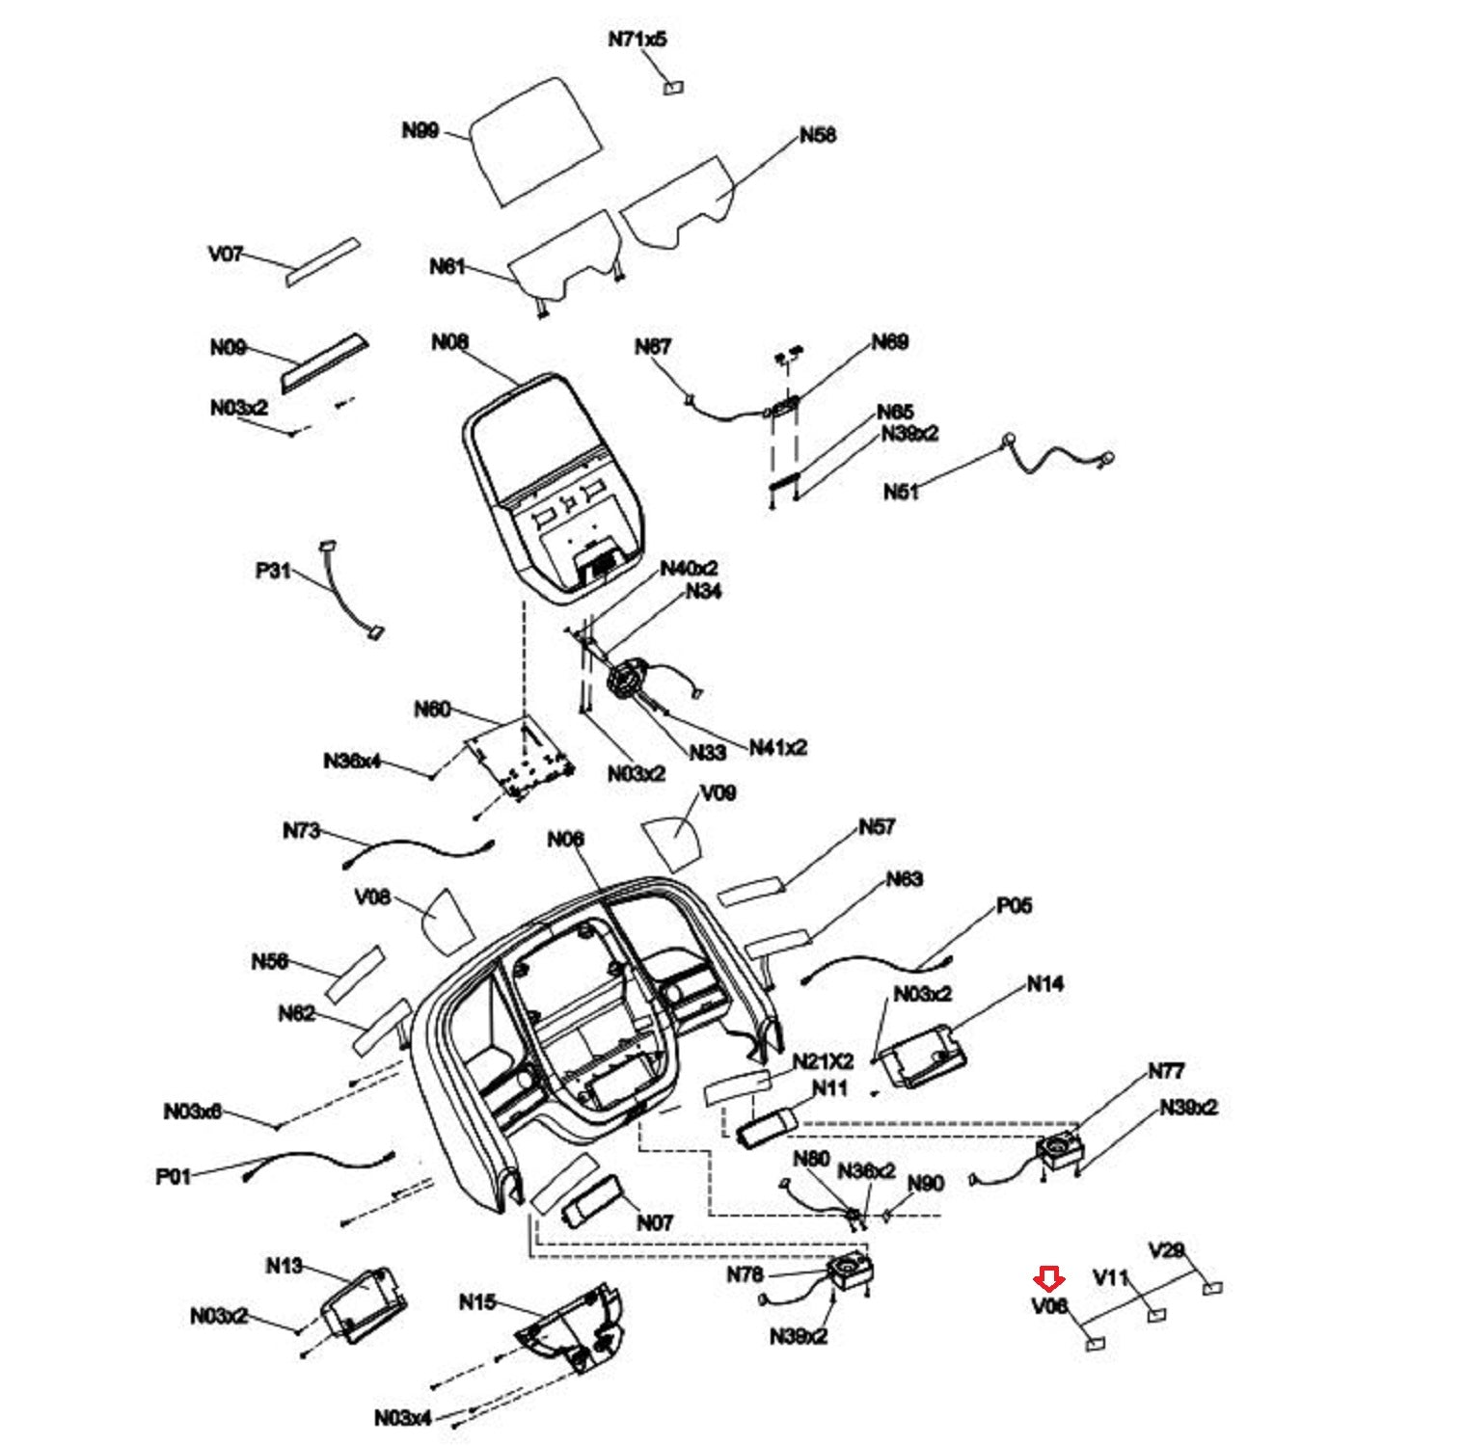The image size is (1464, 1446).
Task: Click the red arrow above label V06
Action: pyautogui.click(x=1048, y=1279)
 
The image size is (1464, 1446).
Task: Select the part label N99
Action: pyautogui.click(x=420, y=130)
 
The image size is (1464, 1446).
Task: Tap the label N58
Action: pyautogui.click(x=818, y=135)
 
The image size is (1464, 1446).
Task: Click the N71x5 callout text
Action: pyautogui.click(x=637, y=40)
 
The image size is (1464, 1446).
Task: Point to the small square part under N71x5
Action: pyautogui.click(x=673, y=88)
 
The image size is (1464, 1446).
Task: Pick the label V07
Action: pyautogui.click(x=226, y=254)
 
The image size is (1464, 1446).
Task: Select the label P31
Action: pyautogui.click(x=273, y=571)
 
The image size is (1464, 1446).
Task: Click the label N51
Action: pyautogui.click(x=901, y=492)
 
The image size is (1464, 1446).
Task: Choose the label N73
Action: pyautogui.click(x=301, y=831)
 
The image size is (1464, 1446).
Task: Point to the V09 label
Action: pyautogui.click(x=718, y=792)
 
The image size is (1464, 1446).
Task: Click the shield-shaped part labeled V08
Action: pyautogui.click(x=446, y=917)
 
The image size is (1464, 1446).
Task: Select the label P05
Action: pyautogui.click(x=1014, y=905)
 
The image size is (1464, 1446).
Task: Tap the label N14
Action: pyautogui.click(x=1044, y=984)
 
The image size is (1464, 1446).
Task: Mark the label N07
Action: pyautogui.click(x=654, y=1222)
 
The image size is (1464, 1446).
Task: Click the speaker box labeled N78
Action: pyautogui.click(x=849, y=1273)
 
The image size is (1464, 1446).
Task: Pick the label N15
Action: pyautogui.click(x=476, y=1302)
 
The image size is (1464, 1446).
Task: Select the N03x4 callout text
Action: pyautogui.click(x=403, y=1417)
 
